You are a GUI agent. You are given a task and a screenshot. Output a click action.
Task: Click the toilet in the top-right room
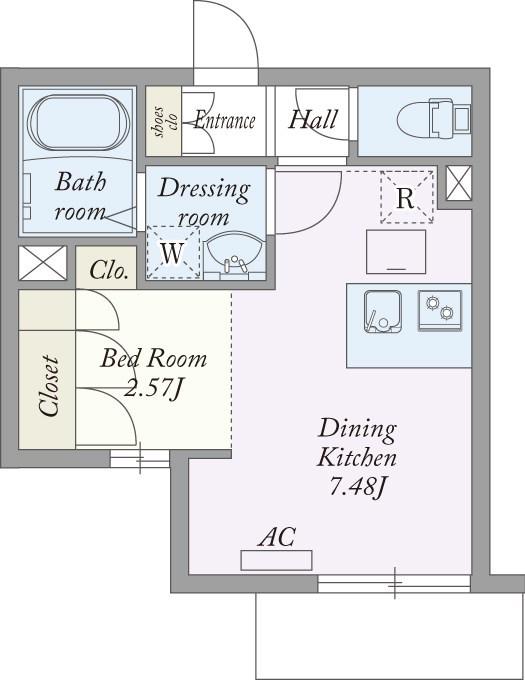point(433,119)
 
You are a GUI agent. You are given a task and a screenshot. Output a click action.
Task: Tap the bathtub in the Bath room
point(78,123)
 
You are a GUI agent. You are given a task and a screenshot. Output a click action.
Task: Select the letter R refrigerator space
point(407,197)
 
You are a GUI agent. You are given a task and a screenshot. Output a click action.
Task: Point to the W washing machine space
point(173,252)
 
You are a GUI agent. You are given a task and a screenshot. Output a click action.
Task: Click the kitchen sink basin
point(383,311)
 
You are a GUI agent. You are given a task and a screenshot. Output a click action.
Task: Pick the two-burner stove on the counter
point(440,310)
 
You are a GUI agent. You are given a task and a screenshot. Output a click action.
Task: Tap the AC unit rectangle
point(277,560)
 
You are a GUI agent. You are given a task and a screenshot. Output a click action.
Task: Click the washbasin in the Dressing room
point(234,255)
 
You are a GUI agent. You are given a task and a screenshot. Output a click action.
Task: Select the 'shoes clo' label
point(165,121)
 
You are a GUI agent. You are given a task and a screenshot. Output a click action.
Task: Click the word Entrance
point(224,120)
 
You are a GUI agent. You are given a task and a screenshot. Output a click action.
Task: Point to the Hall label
point(313,119)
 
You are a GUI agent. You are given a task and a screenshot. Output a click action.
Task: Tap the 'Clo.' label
point(109,271)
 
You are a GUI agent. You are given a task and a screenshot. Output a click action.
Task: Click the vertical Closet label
point(48,386)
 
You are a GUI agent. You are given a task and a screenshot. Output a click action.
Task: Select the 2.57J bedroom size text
point(152,387)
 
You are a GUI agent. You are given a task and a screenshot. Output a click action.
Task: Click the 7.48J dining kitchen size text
point(357,488)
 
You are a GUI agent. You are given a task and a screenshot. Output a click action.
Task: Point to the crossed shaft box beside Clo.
point(43,263)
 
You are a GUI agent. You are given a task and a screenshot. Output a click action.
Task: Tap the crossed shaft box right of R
point(459,183)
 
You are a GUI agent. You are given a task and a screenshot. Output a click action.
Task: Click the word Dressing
point(204,190)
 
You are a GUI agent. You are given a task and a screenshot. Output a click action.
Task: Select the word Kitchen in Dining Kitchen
point(357,458)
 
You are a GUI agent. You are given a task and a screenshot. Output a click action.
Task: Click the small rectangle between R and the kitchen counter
point(396,252)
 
